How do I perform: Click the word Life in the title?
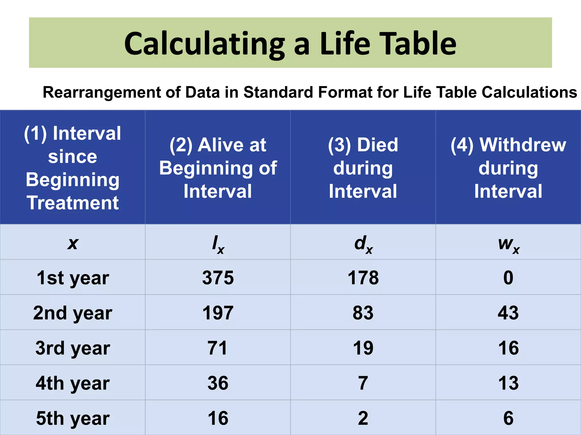pyautogui.click(x=345, y=44)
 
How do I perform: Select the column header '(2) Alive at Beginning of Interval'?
pyautogui.click(x=218, y=168)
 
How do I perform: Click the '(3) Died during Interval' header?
pyautogui.click(x=363, y=168)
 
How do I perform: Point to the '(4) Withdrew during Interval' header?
pyautogui.click(x=508, y=168)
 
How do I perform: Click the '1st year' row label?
pyautogui.click(x=73, y=278)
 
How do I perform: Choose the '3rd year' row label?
pyautogui.click(x=73, y=348)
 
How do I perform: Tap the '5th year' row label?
pyautogui.click(x=73, y=418)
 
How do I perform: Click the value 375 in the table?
pyautogui.click(x=218, y=278)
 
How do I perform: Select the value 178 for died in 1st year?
pyautogui.click(x=363, y=278)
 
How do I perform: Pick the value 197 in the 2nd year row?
pyautogui.click(x=218, y=313)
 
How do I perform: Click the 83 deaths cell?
pyautogui.click(x=363, y=313)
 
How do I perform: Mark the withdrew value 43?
pyautogui.click(x=508, y=313)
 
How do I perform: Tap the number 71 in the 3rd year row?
pyautogui.click(x=217, y=348)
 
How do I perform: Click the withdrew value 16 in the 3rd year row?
pyautogui.click(x=508, y=348)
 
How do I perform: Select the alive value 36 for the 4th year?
pyautogui.click(x=218, y=383)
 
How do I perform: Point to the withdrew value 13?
pyautogui.click(x=508, y=383)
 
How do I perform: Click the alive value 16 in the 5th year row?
pyautogui.click(x=218, y=418)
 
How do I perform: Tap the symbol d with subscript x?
pyautogui.click(x=363, y=244)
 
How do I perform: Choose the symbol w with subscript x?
pyautogui.click(x=509, y=244)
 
